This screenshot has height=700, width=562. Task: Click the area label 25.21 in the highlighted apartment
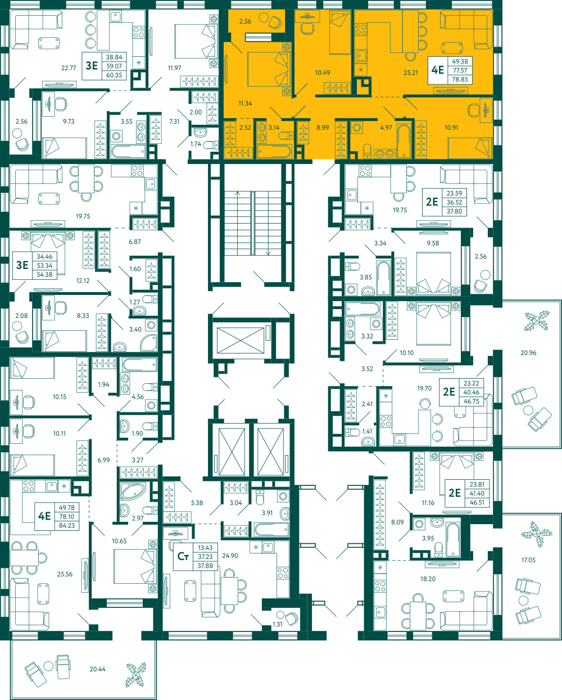pyautogui.click(x=410, y=72)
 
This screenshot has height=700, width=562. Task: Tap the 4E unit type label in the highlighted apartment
pyautogui.click(x=437, y=70)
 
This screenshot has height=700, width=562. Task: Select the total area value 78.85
pyautogui.click(x=460, y=79)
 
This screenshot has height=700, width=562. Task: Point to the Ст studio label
pyautogui.click(x=183, y=556)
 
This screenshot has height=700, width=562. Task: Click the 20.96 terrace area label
pyautogui.click(x=528, y=353)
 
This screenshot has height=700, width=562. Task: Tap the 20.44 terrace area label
pyautogui.click(x=97, y=669)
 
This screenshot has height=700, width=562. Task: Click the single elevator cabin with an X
pyautogui.click(x=241, y=340)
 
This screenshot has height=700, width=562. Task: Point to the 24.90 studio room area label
pyautogui.click(x=230, y=556)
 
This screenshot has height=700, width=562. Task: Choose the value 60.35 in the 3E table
pyautogui.click(x=114, y=75)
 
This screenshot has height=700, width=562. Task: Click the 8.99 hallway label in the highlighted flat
pyautogui.click(x=323, y=128)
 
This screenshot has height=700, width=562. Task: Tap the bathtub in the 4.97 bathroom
pyautogui.click(x=404, y=141)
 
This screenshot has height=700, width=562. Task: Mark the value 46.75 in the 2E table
pyautogui.click(x=472, y=401)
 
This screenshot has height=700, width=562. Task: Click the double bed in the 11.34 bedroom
pyautogui.click(x=268, y=69)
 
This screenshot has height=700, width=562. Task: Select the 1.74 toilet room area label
pyautogui.click(x=196, y=144)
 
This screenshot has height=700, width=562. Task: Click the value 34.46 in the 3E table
pyautogui.click(x=44, y=256)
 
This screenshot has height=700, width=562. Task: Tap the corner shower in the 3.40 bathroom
pyautogui.click(x=149, y=343)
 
